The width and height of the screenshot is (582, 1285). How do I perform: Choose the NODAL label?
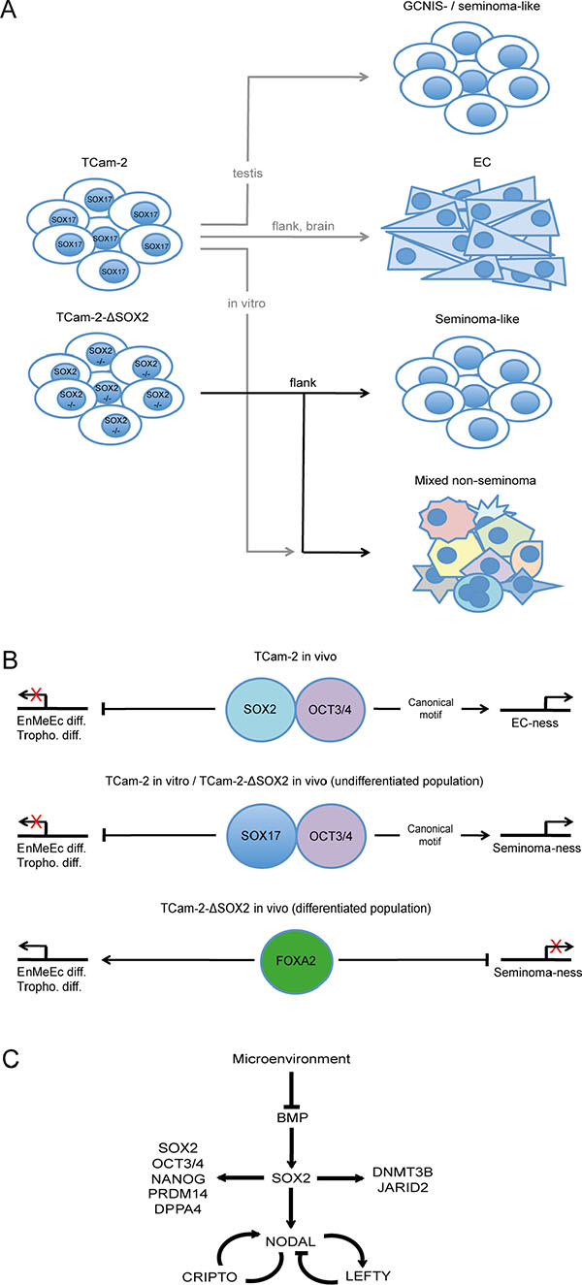(290, 1230)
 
